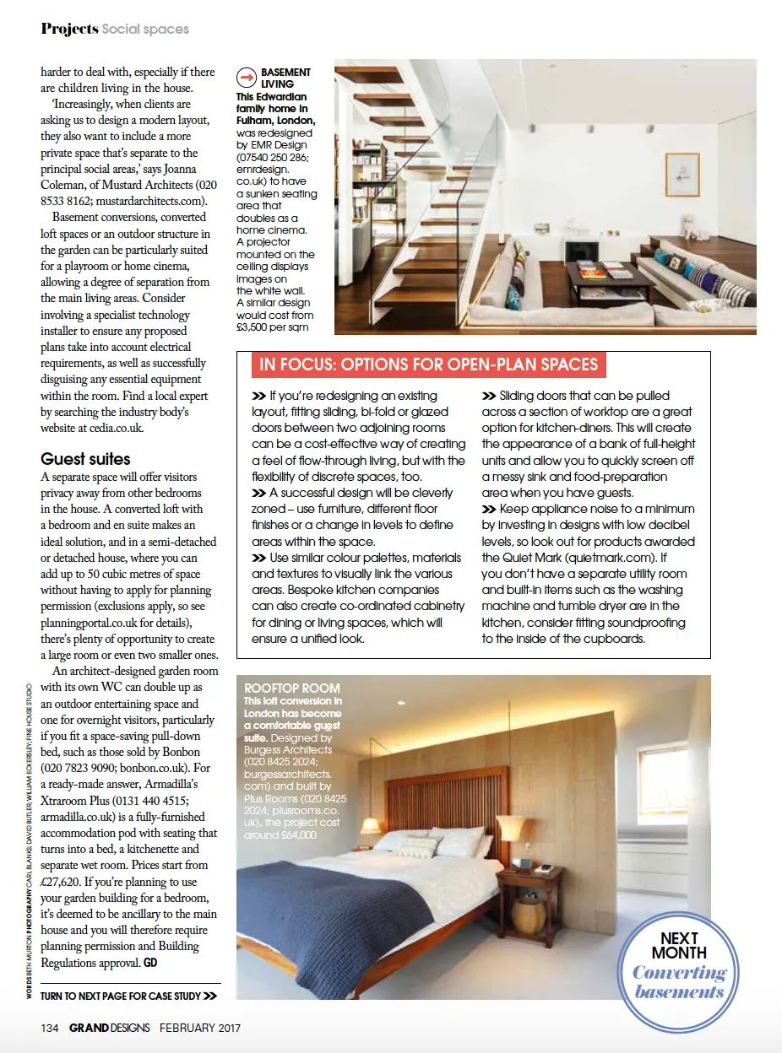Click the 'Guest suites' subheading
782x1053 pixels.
[85, 459]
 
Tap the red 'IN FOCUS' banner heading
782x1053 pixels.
[428, 364]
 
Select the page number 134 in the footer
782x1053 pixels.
[50, 1027]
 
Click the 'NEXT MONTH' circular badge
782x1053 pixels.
[678, 962]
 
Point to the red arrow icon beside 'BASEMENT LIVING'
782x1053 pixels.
[247, 78]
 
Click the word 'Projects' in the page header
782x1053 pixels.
[69, 29]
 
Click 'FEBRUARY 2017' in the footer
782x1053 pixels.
[200, 1027]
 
